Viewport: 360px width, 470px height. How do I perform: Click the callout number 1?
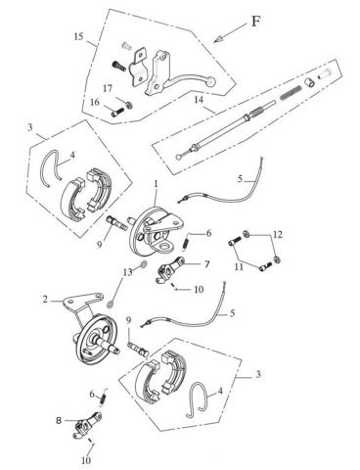click(x=154, y=184)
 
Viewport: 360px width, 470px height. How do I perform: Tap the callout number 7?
click(x=206, y=264)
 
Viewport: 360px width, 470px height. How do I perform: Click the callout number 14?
click(x=198, y=99)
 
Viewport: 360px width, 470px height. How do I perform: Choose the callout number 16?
click(x=96, y=101)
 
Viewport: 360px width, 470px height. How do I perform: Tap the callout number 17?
click(x=109, y=88)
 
